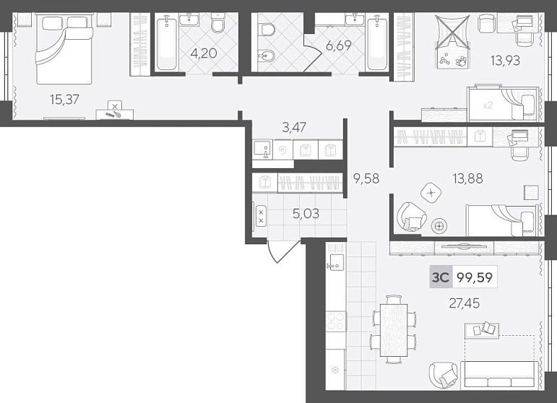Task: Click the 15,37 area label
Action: (64, 100)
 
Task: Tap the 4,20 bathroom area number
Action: (204, 53)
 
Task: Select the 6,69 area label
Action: (338, 45)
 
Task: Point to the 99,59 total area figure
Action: (475, 277)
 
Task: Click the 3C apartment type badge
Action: (441, 277)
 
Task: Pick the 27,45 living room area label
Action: (465, 303)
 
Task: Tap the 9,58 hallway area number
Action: (366, 178)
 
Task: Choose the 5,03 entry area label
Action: (306, 213)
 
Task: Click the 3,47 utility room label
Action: (294, 127)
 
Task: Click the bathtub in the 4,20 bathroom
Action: (166, 43)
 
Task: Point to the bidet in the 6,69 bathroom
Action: (267, 57)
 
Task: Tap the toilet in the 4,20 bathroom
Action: (217, 22)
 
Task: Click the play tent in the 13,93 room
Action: (452, 41)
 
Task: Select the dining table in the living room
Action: (394, 330)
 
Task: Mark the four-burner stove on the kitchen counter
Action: (336, 321)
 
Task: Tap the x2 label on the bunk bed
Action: (488, 105)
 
